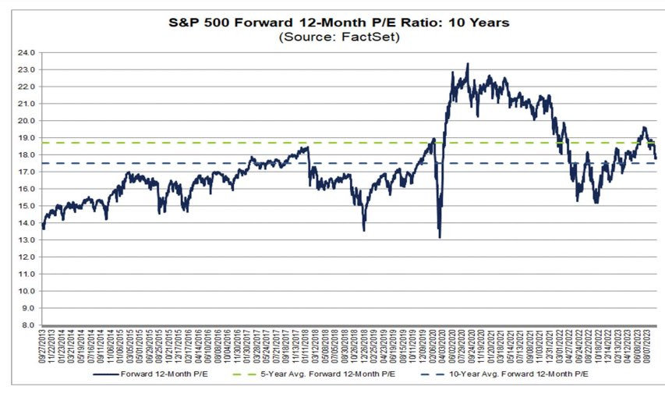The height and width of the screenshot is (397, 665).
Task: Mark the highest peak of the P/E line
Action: point(467,64)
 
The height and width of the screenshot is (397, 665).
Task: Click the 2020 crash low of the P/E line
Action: point(440,237)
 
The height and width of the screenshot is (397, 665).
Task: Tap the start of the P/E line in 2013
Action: point(43,228)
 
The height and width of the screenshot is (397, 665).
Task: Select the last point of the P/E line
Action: point(656,158)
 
